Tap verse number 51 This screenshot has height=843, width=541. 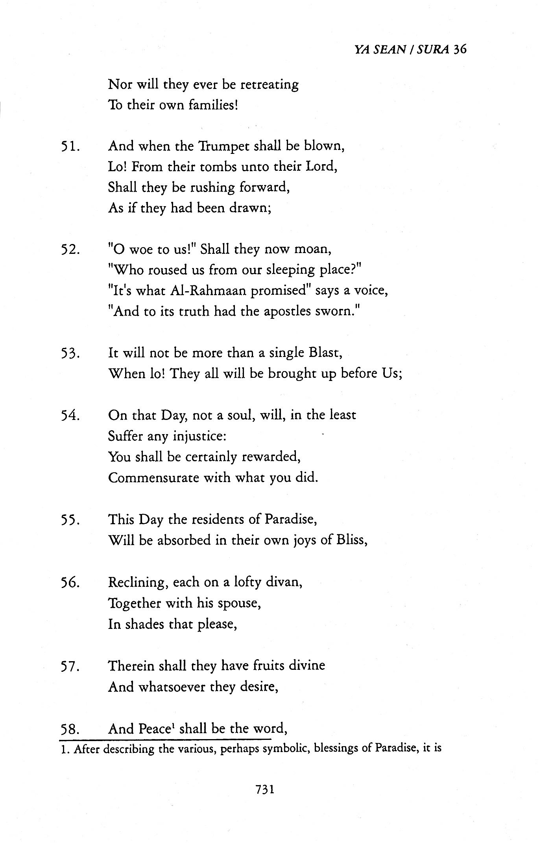pyautogui.click(x=71, y=147)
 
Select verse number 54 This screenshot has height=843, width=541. pyautogui.click(x=71, y=416)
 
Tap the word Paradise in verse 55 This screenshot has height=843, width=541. pyautogui.click(x=290, y=519)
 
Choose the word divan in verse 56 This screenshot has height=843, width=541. pyautogui.click(x=286, y=582)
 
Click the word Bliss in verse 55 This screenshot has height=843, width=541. pyautogui.click(x=351, y=540)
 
